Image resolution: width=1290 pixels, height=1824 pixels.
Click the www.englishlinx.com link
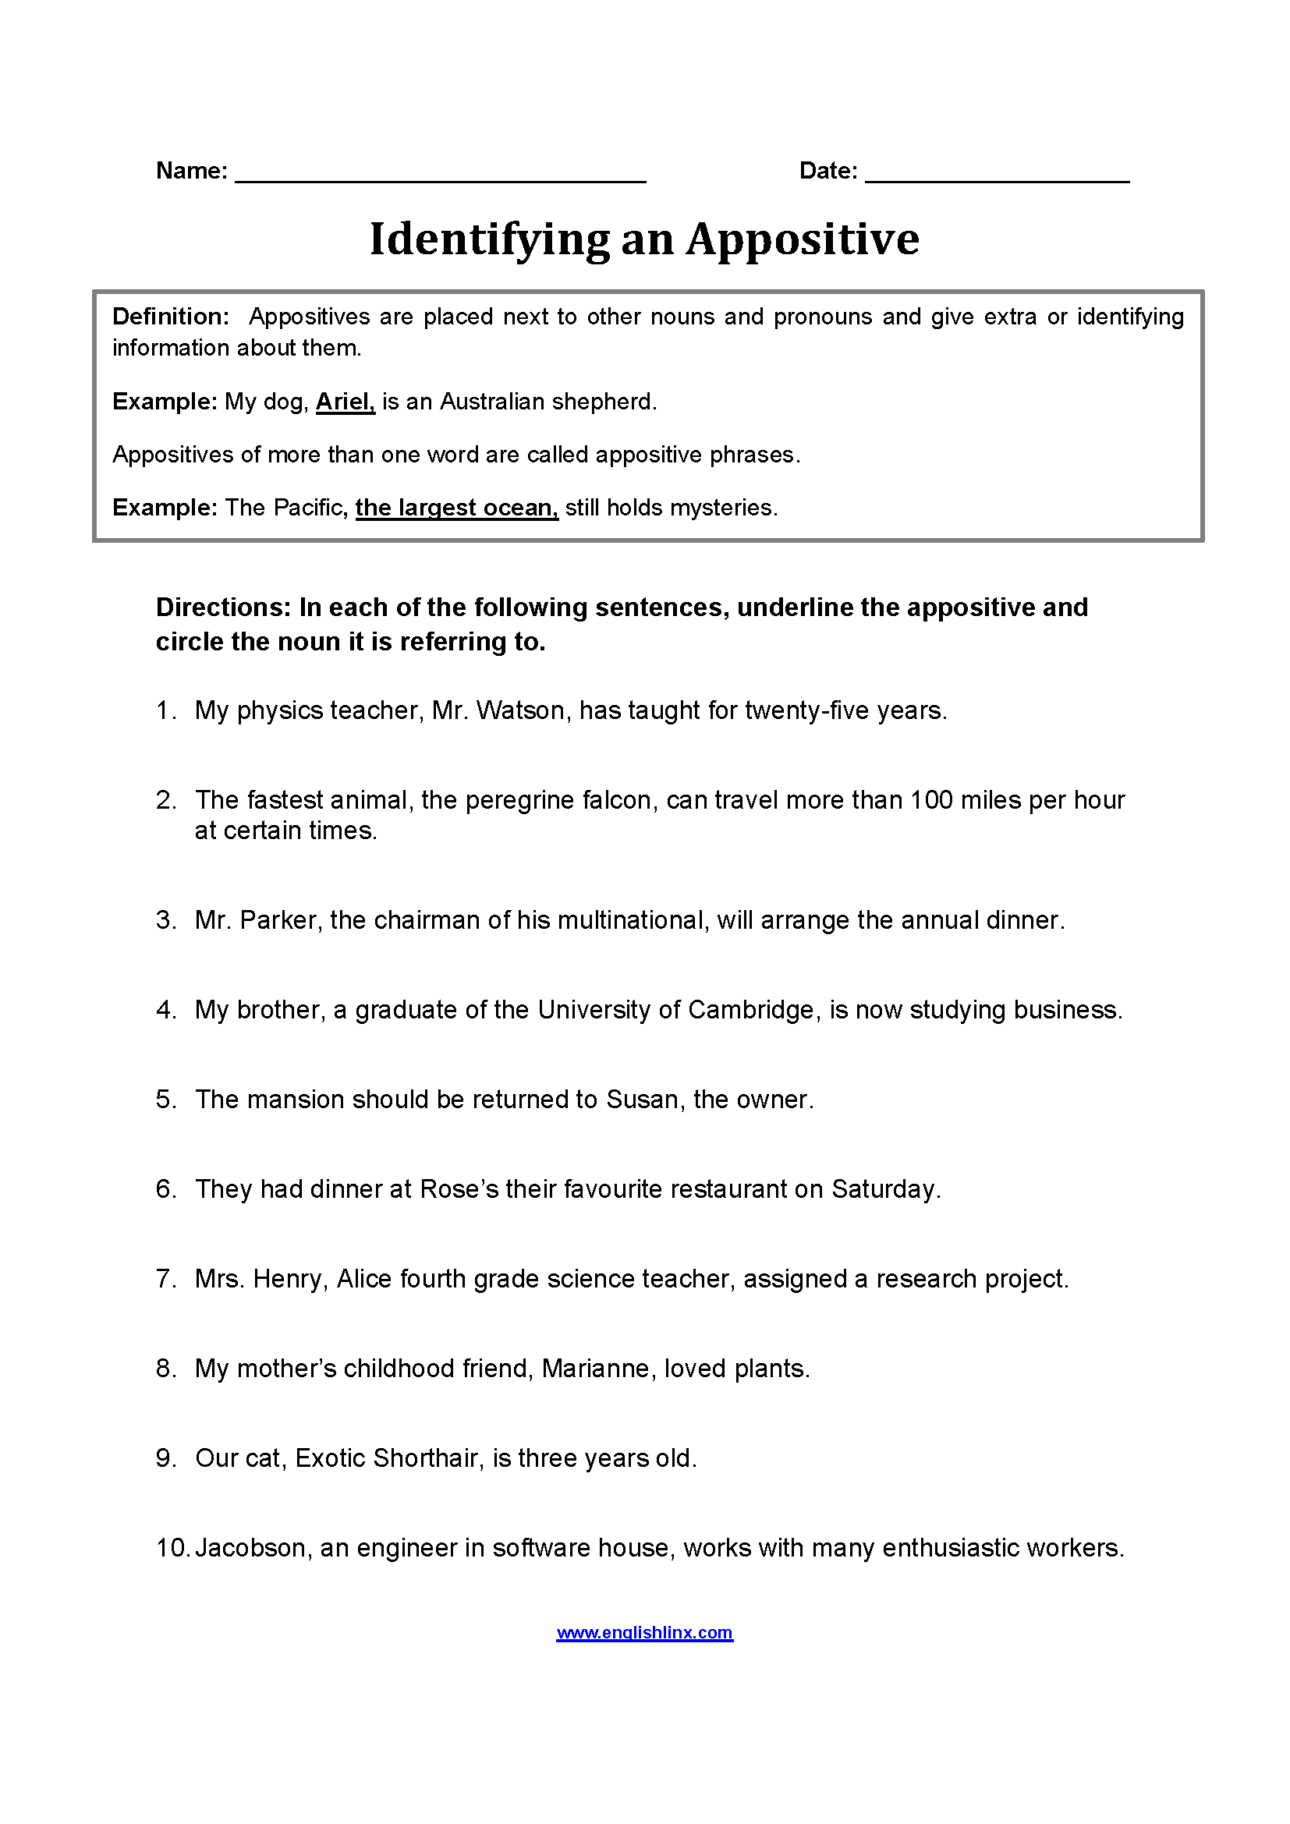tap(644, 1632)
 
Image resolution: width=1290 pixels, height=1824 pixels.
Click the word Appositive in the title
tap(803, 239)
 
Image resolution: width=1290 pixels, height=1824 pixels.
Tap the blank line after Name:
tap(440, 176)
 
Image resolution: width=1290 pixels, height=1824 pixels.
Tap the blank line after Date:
tap(997, 176)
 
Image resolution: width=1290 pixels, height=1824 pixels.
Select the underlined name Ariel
tap(345, 402)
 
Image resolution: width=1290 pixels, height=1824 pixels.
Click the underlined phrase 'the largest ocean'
tap(456, 508)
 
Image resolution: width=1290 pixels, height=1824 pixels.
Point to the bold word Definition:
tap(171, 317)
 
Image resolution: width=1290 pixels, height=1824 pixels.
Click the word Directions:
tap(223, 607)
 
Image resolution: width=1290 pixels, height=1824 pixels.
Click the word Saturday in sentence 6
tap(885, 1189)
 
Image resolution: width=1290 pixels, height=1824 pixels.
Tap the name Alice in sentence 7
tap(364, 1279)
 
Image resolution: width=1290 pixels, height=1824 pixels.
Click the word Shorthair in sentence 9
tap(428, 1458)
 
